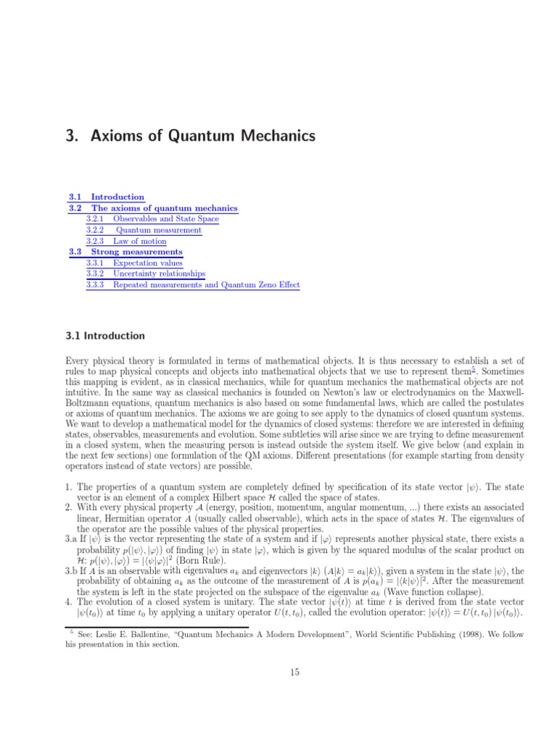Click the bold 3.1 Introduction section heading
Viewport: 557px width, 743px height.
105,336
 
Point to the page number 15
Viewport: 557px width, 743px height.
294,672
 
